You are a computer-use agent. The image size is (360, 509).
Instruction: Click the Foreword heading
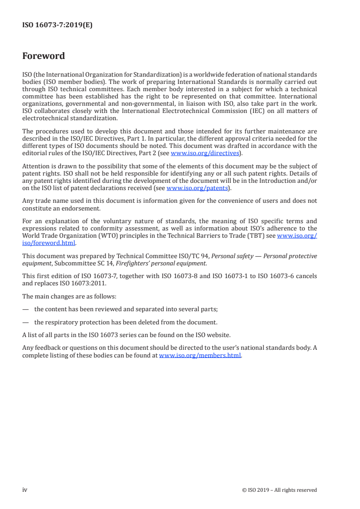click(44, 56)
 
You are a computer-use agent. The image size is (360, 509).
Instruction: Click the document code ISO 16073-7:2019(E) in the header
click(57, 26)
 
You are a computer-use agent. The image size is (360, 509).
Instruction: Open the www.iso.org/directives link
click(205, 153)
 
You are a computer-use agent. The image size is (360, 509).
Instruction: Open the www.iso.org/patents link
click(197, 188)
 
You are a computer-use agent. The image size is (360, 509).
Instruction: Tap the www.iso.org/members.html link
click(200, 356)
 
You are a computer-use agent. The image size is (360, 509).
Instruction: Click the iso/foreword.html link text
click(49, 243)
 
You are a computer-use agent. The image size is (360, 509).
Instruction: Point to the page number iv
click(25, 489)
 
